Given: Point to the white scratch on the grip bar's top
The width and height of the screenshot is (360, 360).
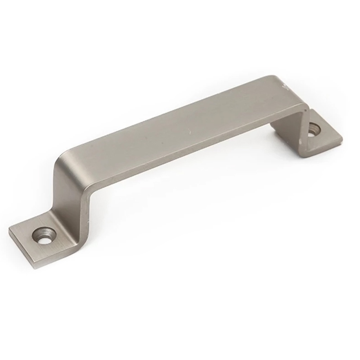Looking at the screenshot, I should tap(190, 133).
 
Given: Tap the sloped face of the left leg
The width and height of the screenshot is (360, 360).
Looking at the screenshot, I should tap(67, 190).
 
